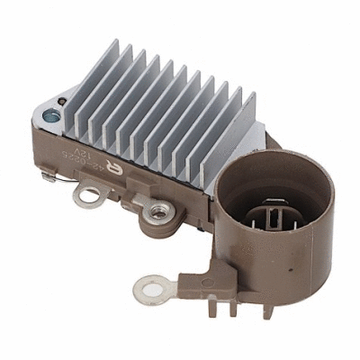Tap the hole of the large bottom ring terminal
point(148,290)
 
